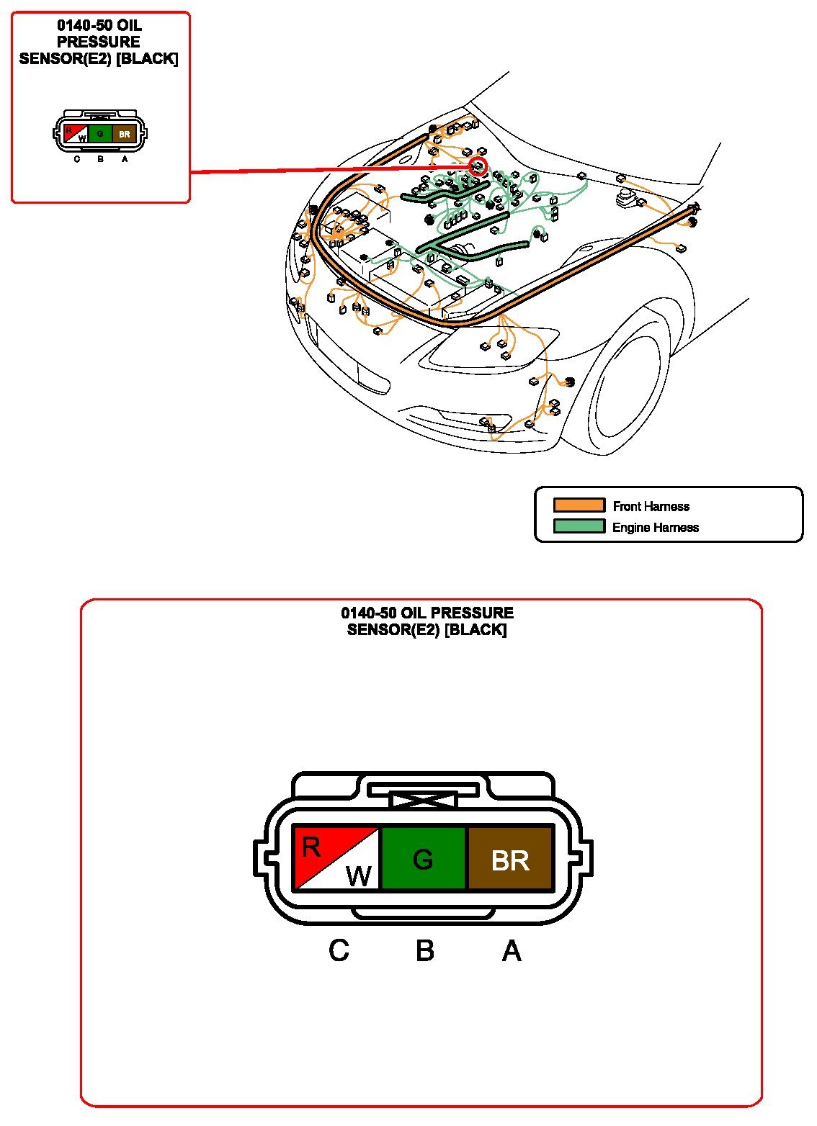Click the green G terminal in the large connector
pos(423,859)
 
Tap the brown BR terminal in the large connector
pos(510,859)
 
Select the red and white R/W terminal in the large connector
pos(336,859)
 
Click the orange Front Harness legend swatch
pos(579,505)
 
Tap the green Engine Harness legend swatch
pos(579,526)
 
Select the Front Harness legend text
pos(651,506)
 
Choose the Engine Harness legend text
pos(656,527)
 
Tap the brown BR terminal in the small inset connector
pos(124,134)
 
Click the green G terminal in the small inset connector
pos(100,134)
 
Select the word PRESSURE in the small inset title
pos(99,42)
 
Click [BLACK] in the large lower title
pos(476,629)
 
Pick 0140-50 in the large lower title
pos(368,613)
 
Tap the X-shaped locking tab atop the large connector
pos(424,801)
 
